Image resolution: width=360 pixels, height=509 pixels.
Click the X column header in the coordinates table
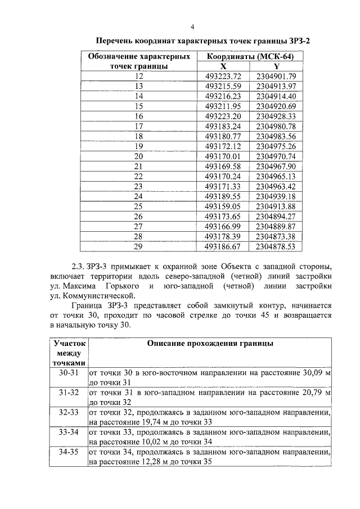223,66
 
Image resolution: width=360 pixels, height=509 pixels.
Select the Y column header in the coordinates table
276,66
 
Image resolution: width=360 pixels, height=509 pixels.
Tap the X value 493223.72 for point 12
223,76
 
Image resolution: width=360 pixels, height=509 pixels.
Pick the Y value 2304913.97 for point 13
276,86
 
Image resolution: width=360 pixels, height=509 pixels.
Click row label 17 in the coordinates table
139,126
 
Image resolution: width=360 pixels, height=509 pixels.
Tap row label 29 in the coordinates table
139,246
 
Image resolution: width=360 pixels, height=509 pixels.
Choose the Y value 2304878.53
276,246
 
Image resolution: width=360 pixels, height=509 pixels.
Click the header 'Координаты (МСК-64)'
250,57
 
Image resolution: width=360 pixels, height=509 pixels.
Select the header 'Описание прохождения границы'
210,343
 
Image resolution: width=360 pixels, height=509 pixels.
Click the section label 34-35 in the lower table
69,452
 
